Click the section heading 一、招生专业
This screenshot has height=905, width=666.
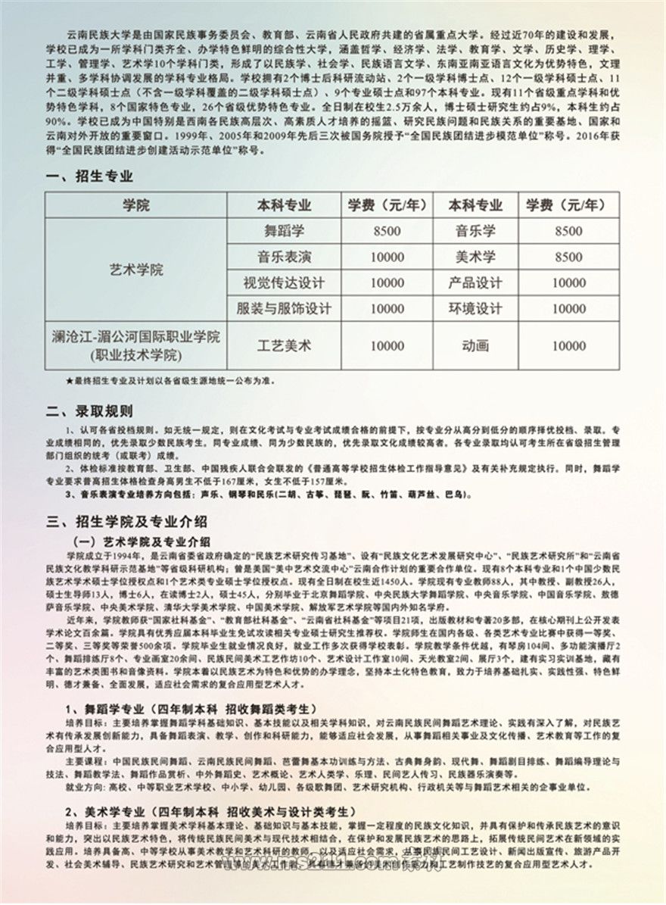(89, 176)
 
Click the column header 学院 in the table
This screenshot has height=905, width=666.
(136, 205)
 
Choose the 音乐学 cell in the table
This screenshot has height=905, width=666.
(475, 231)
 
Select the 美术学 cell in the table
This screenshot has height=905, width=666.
(475, 257)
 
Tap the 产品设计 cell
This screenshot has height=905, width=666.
(475, 282)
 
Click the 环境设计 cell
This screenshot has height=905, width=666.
(475, 309)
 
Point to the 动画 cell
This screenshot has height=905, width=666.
(475, 345)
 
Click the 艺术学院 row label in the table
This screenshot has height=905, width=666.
(136, 270)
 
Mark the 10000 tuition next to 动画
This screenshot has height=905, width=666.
(568, 345)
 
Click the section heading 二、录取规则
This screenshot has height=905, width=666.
(89, 412)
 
